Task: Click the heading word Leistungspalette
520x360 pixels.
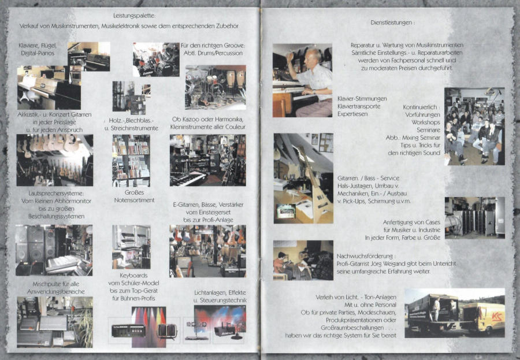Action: [x=133, y=16]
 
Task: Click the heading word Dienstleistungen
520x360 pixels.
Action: [x=391, y=23]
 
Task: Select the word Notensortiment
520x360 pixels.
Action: [x=134, y=200]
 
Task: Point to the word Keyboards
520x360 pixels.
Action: [x=133, y=276]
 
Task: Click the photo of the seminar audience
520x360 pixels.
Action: [x=474, y=126]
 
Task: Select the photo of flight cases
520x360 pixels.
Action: [x=474, y=218]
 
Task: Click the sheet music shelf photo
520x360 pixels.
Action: [x=131, y=161]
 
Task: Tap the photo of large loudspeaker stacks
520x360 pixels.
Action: [x=54, y=250]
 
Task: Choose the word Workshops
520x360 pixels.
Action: [x=426, y=122]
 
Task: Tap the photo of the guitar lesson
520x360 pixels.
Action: [x=303, y=261]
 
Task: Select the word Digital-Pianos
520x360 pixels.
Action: [x=38, y=53]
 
